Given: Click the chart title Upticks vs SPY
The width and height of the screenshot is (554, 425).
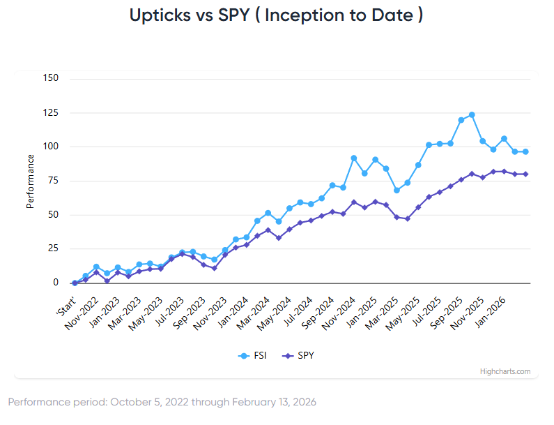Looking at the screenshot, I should [276, 15].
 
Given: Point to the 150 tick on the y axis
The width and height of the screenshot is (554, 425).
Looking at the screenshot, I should [49, 78].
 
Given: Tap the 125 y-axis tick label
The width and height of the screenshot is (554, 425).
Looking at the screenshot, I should [49, 112].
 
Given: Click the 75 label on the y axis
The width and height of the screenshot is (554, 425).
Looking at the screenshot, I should [52, 181].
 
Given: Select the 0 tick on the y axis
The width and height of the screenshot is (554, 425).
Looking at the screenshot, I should [55, 283].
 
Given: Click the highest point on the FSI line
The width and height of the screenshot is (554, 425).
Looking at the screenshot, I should [472, 114].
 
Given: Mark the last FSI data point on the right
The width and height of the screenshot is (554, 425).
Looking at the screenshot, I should [525, 151].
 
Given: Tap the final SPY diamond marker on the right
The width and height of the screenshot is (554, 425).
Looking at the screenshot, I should [525, 174].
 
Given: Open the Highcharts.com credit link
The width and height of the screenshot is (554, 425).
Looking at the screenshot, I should [505, 371].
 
